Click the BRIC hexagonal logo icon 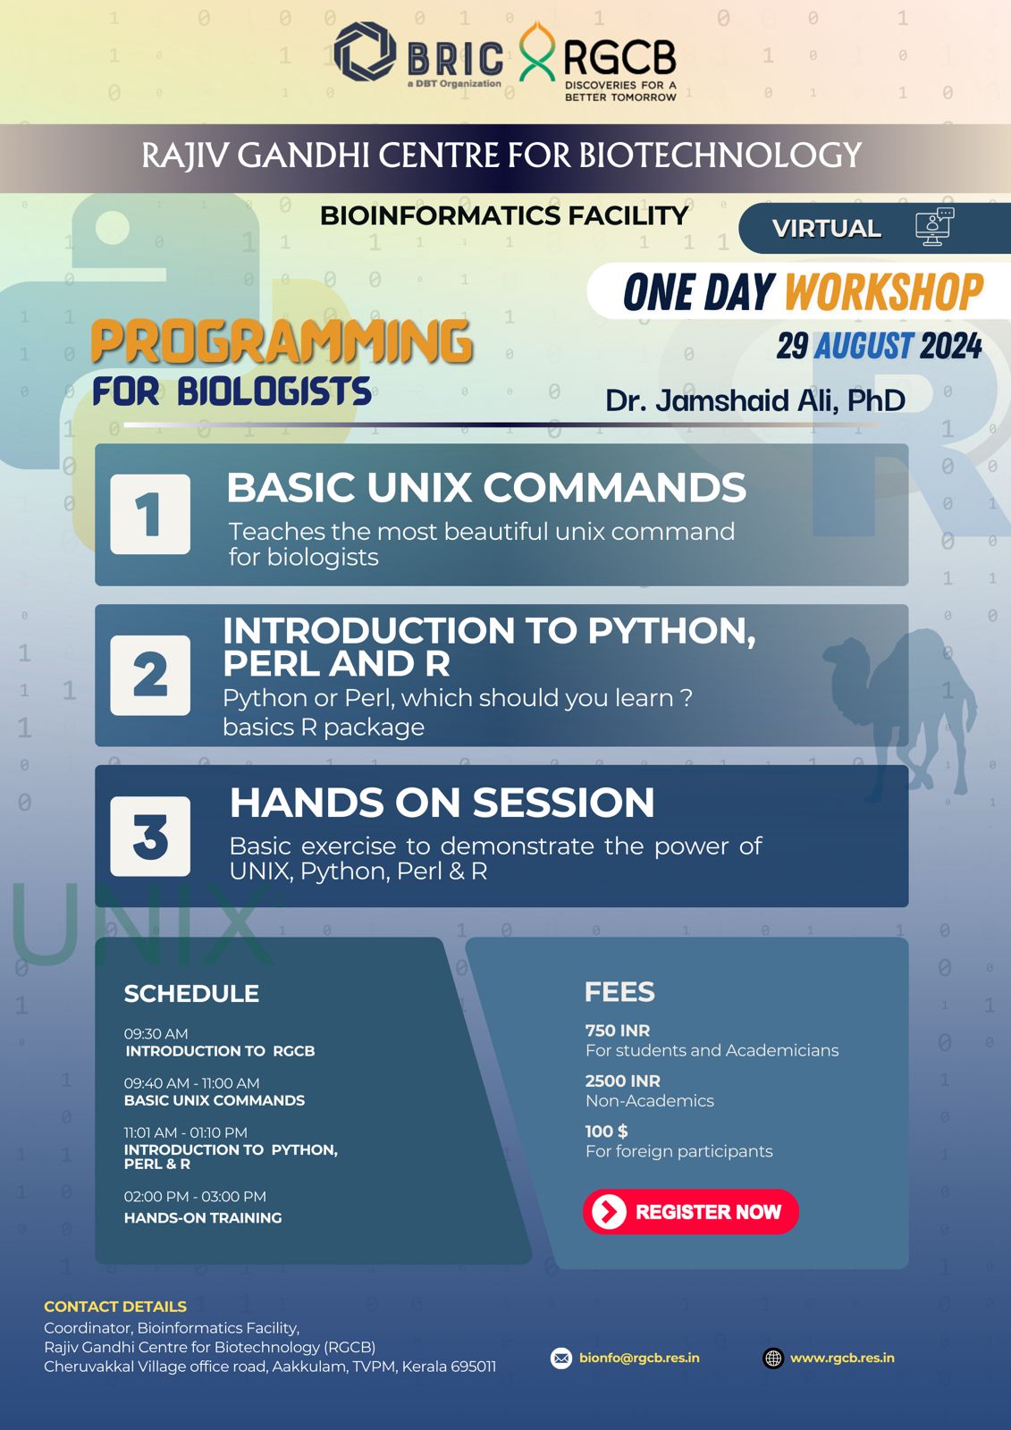point(365,52)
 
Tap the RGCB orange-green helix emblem point(536,52)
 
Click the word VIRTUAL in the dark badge point(827,229)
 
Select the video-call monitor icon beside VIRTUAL point(934,227)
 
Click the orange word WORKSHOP point(884,292)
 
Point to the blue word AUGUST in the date point(863,346)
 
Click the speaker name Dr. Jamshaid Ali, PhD point(754,401)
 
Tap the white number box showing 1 point(150,514)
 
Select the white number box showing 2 point(150,676)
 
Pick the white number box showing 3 point(150,837)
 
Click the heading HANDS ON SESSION point(442,803)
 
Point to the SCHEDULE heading point(191,993)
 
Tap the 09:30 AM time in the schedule point(156,1033)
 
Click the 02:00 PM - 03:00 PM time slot point(195,1197)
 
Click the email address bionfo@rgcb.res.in point(639,1358)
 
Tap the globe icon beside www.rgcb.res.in point(773,1358)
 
